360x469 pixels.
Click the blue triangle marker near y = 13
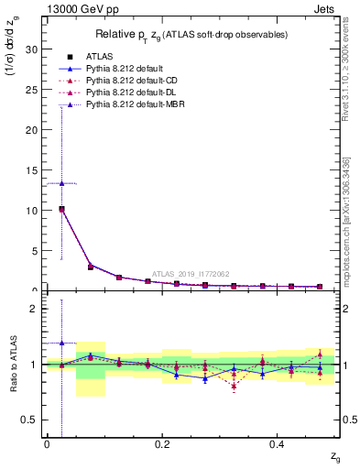pyautogui.click(x=61, y=183)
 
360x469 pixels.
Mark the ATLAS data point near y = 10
pyautogui.click(x=61, y=209)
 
